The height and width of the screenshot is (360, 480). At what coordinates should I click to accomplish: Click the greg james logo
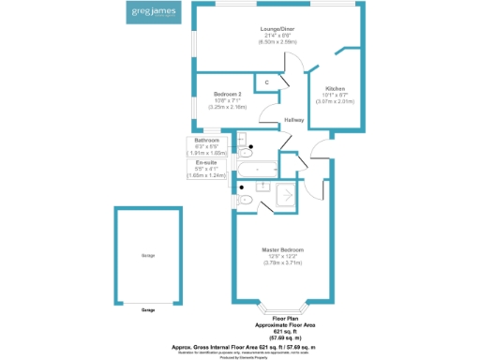click(150, 15)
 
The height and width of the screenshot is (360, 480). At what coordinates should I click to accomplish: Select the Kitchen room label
click(335, 88)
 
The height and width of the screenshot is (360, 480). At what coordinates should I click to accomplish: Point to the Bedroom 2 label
click(228, 95)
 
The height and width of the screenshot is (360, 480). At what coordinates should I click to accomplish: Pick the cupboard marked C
click(267, 83)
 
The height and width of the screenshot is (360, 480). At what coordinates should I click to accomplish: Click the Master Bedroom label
click(282, 250)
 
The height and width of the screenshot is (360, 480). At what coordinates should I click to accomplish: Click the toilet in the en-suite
click(247, 199)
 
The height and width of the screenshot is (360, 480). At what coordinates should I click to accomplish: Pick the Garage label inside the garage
click(148, 255)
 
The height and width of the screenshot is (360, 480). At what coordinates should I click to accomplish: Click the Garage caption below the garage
click(148, 309)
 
